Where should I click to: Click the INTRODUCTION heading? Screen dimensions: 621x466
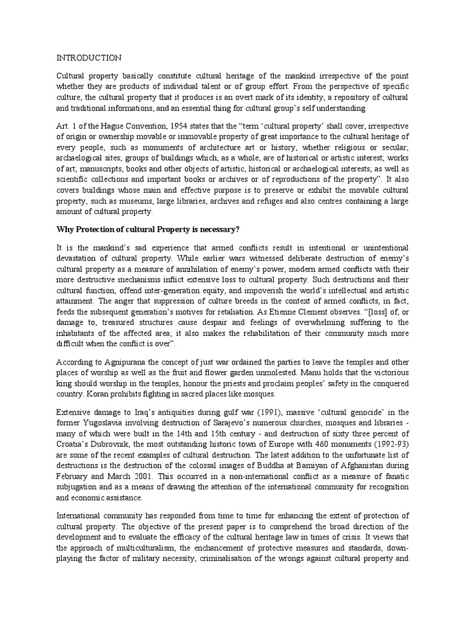89,58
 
